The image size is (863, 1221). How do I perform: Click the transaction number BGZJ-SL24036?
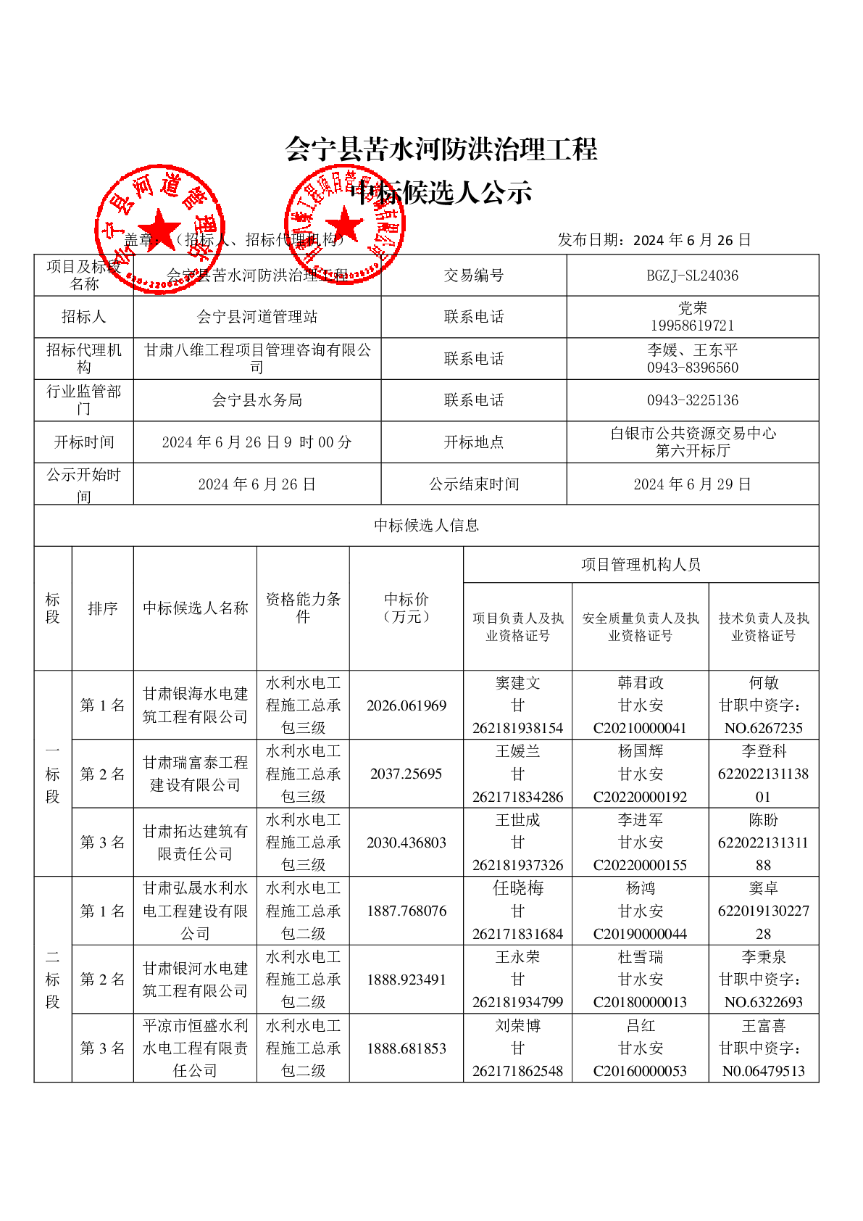coord(692,276)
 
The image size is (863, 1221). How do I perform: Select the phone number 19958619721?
coord(692,326)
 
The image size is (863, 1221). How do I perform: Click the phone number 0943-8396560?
coord(692,368)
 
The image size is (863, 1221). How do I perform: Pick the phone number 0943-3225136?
coord(692,400)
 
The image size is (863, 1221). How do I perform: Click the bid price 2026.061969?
coord(406,705)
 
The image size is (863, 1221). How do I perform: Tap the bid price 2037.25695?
coord(406,774)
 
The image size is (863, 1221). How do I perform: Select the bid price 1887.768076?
coord(406,911)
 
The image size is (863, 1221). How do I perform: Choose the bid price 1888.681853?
coord(406,1048)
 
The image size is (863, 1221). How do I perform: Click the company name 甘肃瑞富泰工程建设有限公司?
coord(195,774)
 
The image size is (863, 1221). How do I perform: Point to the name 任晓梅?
coord(517,888)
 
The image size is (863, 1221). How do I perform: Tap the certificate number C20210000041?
coord(640,728)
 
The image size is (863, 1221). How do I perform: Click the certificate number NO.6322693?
coord(763,1002)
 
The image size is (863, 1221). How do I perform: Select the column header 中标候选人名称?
coord(195,608)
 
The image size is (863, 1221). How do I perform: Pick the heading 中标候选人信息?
coord(426,525)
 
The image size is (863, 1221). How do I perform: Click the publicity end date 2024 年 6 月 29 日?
coord(692,484)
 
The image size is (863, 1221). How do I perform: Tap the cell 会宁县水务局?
coord(257,400)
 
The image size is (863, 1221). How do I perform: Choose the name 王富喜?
coord(763,1026)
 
